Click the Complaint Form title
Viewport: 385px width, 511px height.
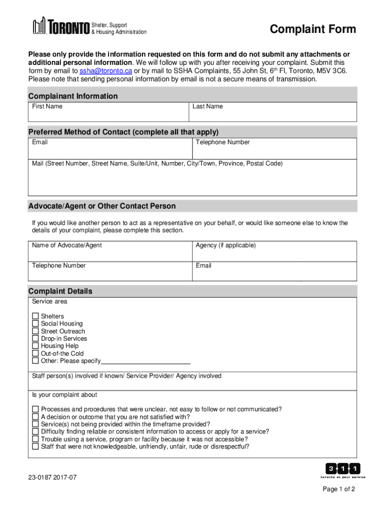[x=313, y=29]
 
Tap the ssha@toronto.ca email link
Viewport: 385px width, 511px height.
[x=105, y=71]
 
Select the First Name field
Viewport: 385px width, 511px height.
[x=108, y=114]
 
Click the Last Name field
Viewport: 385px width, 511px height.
[x=273, y=114]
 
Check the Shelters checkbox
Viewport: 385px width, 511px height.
[x=35, y=316]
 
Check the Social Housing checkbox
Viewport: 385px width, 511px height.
[x=35, y=324]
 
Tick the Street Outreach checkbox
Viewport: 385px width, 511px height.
[x=35, y=331]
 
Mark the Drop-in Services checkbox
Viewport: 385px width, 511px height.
[x=35, y=338]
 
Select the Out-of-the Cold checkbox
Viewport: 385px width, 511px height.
[x=35, y=353]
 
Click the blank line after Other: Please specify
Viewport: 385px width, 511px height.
[x=146, y=361]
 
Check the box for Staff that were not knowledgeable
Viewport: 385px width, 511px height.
[x=35, y=447]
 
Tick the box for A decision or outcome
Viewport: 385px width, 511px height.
[x=35, y=417]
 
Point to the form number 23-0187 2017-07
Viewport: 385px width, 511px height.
[x=52, y=478]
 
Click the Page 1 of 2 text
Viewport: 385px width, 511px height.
[x=338, y=489]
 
